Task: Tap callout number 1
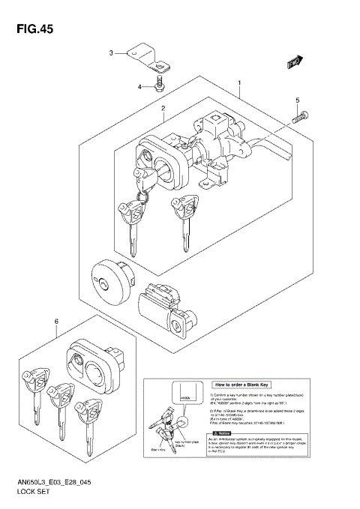[x=239, y=82]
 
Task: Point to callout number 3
[x=111, y=53]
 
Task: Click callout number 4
[x=139, y=87]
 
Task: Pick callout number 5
[x=297, y=100]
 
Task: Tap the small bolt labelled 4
[x=160, y=83]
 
